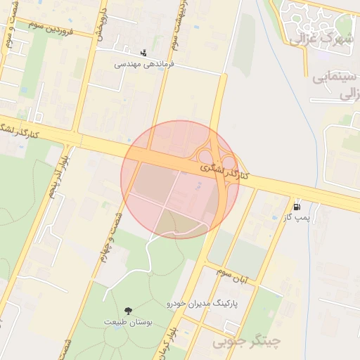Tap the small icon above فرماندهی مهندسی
coord(144,52)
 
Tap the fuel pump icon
coord(297,207)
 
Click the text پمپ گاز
coord(297,218)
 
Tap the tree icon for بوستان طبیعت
coord(128,310)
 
